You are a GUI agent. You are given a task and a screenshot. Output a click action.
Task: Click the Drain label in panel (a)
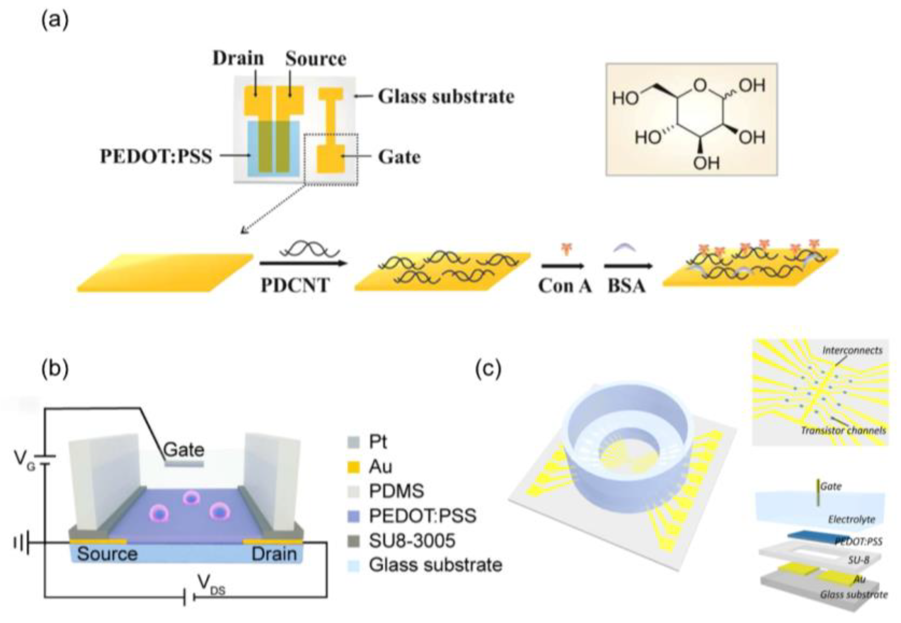click(x=238, y=58)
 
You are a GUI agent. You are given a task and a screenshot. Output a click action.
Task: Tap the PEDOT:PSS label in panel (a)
click(x=156, y=156)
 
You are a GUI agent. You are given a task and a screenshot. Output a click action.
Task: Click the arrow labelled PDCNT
click(x=303, y=264)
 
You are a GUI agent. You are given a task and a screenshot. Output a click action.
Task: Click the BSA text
click(x=626, y=286)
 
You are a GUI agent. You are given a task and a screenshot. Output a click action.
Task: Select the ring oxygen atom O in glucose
click(x=701, y=85)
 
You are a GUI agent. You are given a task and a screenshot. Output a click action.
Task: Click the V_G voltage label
click(x=24, y=460)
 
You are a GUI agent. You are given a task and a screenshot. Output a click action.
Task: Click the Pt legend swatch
click(x=353, y=442)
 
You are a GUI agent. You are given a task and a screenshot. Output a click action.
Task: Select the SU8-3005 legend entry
click(x=412, y=541)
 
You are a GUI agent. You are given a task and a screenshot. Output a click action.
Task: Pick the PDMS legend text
click(x=396, y=491)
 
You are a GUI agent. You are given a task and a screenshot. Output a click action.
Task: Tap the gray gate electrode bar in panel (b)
click(x=184, y=464)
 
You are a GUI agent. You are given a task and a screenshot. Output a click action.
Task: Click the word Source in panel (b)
click(x=107, y=554)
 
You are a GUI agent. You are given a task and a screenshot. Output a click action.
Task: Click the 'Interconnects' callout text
click(x=852, y=350)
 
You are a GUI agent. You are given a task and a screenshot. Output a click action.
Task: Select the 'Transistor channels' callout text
click(x=843, y=430)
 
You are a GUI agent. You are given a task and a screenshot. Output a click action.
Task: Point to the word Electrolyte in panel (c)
click(x=851, y=520)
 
